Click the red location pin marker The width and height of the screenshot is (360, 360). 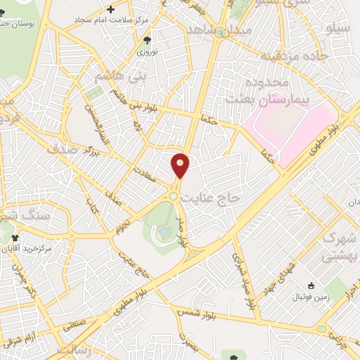180,165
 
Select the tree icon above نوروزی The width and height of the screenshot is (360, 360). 147,41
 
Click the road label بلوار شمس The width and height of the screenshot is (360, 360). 195,310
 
